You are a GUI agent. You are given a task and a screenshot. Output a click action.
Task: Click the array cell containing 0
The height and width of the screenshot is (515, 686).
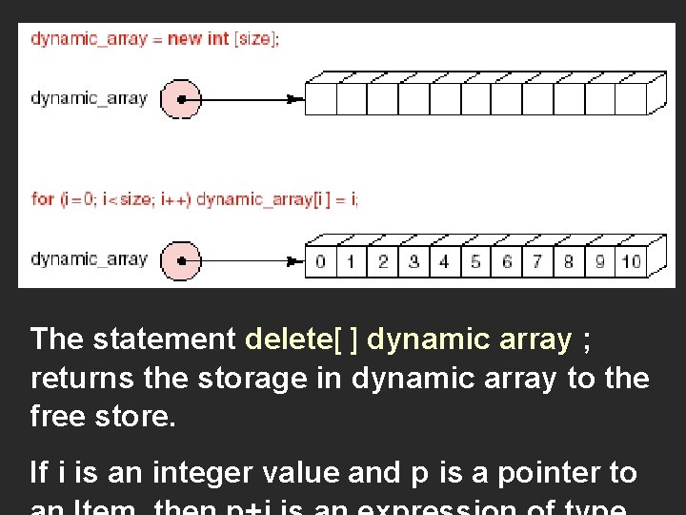coord(320,261)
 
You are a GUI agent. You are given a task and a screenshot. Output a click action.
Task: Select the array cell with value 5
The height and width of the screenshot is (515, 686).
coord(475,261)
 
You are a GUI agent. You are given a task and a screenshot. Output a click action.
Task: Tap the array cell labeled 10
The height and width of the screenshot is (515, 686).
coord(631,261)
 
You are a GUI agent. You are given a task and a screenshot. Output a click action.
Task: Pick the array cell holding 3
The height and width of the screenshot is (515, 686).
coord(414,261)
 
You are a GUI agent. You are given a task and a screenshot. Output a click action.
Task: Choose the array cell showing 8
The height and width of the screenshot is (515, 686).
coord(569,261)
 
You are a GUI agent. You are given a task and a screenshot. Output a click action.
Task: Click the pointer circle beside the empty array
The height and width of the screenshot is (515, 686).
coord(181,98)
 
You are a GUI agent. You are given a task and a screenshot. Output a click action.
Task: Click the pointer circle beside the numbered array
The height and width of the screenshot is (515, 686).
coord(181,259)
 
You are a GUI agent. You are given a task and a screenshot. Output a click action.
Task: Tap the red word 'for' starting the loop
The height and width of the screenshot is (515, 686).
coord(43,199)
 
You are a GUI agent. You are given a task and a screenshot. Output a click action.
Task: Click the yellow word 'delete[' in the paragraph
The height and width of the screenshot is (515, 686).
coord(293,340)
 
